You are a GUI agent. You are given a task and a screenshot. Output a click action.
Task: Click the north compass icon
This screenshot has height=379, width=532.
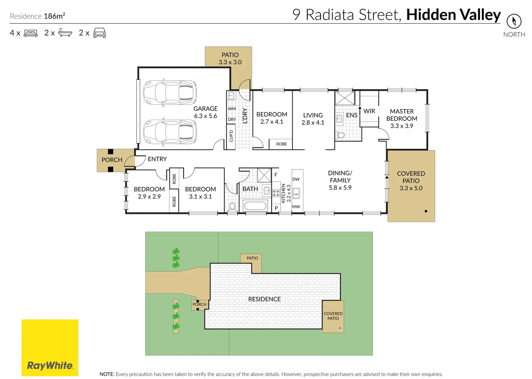pos(514,21)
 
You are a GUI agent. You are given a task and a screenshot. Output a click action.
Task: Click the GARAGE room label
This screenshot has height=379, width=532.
pos(206,109)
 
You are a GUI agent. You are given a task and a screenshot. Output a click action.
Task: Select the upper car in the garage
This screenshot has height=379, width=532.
pos(170,93)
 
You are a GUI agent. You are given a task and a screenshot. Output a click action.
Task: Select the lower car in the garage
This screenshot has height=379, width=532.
pos(170,132)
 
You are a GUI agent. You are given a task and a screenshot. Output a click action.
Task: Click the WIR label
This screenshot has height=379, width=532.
pos(369,111)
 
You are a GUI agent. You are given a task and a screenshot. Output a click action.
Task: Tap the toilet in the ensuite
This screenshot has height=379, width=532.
pos(340,135)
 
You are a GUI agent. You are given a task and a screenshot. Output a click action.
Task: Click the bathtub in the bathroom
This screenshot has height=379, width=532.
pos(256,206)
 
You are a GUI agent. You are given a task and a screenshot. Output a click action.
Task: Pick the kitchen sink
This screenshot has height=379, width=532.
pos(296,193)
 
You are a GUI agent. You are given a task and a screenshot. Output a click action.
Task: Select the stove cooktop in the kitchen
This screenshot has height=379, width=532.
pos(276,193)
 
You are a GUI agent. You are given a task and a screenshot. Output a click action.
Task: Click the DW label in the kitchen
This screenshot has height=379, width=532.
pos(296,179)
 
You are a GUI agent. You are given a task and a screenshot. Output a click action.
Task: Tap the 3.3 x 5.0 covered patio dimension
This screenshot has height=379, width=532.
pos(411,188)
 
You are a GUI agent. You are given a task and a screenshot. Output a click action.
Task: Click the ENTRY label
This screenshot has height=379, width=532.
pos(157,159)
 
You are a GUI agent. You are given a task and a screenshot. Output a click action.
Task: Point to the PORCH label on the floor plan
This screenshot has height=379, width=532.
pos(112,160)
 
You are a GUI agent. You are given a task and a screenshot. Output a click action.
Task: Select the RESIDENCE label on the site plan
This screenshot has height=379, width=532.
pos(264,299)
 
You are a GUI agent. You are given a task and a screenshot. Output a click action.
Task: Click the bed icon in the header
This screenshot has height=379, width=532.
pos(31,33)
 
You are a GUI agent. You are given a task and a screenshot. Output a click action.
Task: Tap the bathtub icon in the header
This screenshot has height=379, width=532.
pos(65,33)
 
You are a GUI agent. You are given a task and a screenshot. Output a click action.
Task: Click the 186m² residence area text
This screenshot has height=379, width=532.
pos(54,16)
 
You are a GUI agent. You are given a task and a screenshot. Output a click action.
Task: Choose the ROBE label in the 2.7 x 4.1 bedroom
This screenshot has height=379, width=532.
pos(281,144)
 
